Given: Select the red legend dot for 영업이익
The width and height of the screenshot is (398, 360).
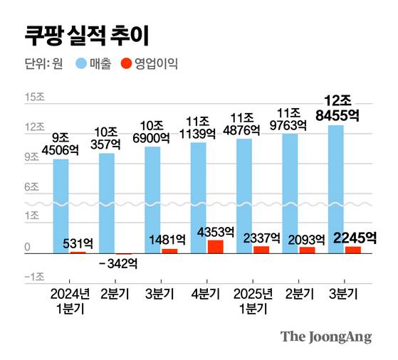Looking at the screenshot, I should point(125,65).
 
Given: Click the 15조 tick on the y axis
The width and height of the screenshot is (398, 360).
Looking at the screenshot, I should point(33,97).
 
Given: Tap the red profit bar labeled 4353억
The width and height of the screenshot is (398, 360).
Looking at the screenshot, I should point(216,246).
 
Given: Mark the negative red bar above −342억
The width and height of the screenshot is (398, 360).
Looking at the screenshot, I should point(124,254).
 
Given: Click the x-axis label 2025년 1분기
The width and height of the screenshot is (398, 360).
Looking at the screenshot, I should point(253,302).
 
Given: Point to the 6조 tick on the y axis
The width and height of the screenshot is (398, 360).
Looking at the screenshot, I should point(31,187).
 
